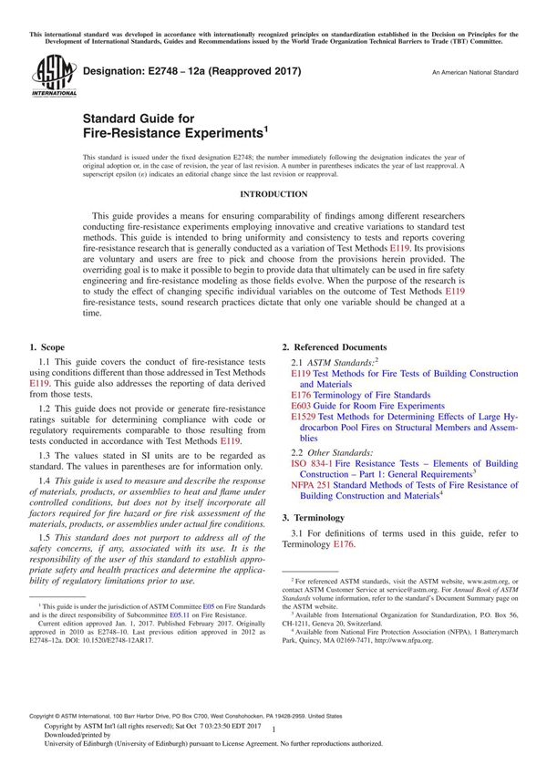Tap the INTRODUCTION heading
273,194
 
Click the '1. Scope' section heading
46,347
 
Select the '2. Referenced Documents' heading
334,347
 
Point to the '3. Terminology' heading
315,517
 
